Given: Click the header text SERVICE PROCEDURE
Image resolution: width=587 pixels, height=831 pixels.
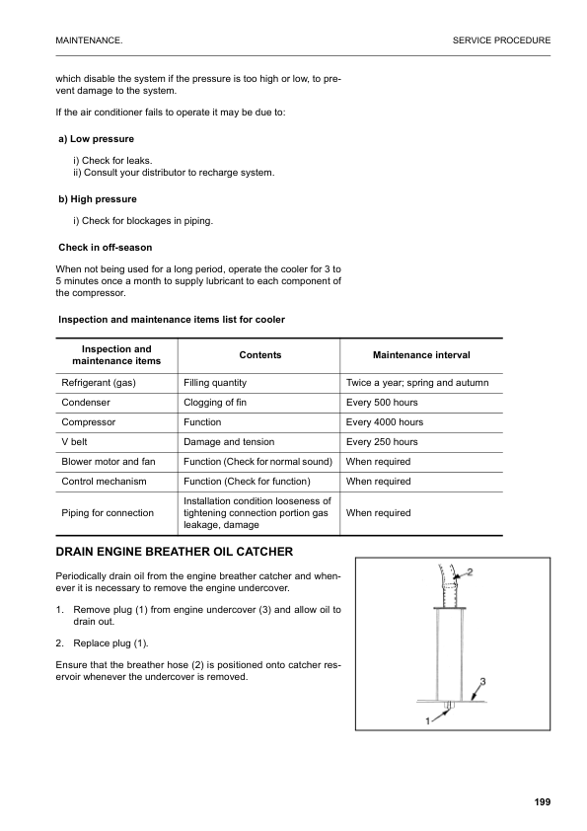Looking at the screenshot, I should pos(501,40).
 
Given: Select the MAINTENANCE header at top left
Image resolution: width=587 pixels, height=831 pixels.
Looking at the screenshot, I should pos(90,40).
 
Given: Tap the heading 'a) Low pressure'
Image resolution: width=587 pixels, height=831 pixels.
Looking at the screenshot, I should pos(97,139).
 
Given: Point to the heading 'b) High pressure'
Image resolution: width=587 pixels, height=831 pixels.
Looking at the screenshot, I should pos(98,199).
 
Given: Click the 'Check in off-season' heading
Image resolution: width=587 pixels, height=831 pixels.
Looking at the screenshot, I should pos(106,247).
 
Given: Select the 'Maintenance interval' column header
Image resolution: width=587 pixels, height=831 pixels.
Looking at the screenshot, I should pos(421,355).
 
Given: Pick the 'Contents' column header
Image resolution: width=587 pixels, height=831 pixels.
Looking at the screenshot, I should pos(260,355).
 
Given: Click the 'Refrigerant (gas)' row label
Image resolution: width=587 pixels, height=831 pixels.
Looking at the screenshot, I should pos(99,382).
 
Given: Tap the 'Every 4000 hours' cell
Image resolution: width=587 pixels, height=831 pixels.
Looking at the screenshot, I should pos(385,422).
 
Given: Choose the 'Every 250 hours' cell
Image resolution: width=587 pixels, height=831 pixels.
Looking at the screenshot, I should pos(383,442).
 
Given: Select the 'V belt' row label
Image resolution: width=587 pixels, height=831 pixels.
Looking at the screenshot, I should pos(76,442).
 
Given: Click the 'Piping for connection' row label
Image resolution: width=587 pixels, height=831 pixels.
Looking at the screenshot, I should pos(108,513).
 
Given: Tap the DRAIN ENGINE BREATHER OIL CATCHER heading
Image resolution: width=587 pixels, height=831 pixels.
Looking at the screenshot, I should pos(174,551).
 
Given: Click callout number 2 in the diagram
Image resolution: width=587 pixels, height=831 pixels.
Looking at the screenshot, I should pos(470,571).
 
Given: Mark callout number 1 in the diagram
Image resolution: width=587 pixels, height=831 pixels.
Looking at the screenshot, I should pos(428,720).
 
